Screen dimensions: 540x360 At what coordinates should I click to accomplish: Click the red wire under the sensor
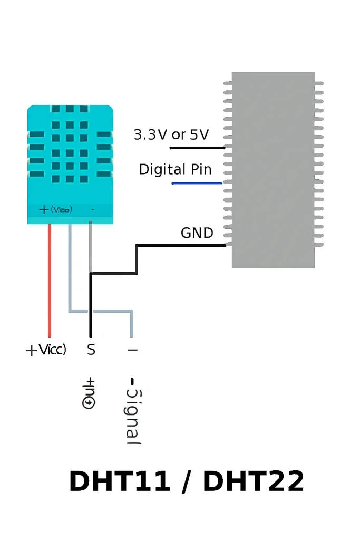[x=50, y=279]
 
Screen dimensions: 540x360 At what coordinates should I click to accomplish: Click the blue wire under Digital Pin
[x=197, y=183]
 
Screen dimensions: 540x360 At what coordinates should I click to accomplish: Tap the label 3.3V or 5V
[x=171, y=135]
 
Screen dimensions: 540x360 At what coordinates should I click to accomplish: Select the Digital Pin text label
[x=175, y=169]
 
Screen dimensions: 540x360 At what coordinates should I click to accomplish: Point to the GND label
[x=197, y=233]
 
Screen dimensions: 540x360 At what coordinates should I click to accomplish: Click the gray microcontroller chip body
[x=273, y=169]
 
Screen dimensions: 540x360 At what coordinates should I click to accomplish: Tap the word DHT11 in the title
[x=120, y=481]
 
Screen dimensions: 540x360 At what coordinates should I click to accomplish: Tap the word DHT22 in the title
[x=254, y=481]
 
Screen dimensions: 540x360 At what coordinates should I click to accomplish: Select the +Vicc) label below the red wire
[x=46, y=349]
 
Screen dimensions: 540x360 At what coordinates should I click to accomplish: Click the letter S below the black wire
[x=91, y=349]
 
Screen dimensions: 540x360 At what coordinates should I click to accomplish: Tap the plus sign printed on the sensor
[x=44, y=210]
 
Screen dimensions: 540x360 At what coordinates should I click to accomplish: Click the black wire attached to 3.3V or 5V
[x=197, y=148]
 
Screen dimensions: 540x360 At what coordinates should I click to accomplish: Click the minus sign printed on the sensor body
[x=93, y=210]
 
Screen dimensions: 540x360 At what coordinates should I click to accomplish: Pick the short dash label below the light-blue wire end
[x=132, y=349]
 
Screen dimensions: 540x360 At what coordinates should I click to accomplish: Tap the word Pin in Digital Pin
[x=200, y=169]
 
